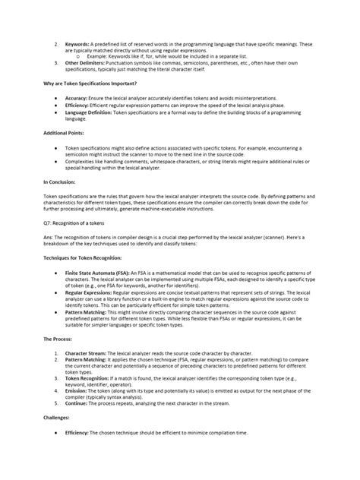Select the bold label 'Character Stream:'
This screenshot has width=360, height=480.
(x=89, y=353)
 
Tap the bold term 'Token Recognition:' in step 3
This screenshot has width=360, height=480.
(x=90, y=377)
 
